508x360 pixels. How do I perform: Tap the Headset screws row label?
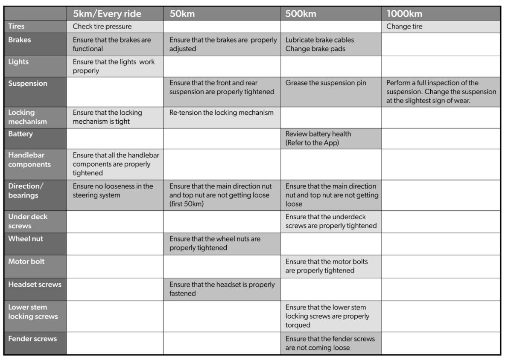coord(34,285)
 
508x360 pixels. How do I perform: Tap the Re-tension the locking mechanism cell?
coord(222,113)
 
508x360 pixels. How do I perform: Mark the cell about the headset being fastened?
coord(222,289)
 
